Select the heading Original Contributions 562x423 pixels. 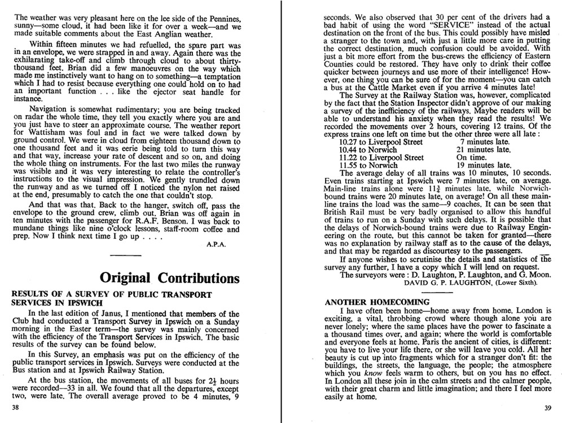coord(169,278)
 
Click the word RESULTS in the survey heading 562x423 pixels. coord(31,294)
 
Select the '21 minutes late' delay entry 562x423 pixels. coord(483,149)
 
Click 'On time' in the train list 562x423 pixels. coord(473,157)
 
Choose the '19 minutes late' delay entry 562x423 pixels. coord(483,165)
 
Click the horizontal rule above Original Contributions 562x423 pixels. coord(126,256)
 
